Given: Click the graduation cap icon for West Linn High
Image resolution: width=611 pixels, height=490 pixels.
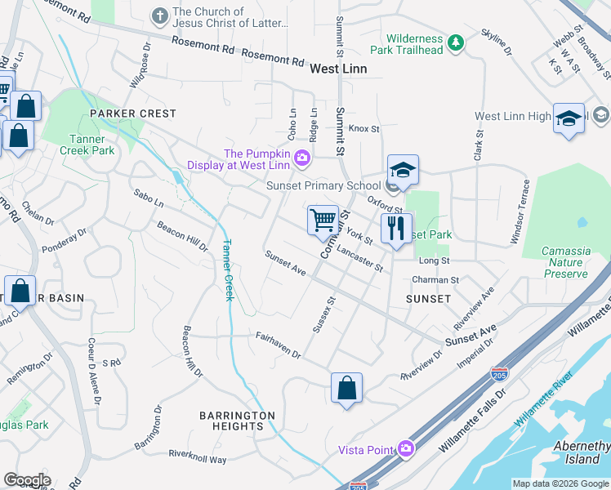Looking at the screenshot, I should pos(569,118).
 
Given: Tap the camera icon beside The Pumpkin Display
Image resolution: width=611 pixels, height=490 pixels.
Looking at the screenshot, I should pos(303,158).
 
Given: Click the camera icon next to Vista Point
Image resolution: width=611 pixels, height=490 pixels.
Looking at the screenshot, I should pos(404,449).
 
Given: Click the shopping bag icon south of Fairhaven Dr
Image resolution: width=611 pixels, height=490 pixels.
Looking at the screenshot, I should pos(346,387).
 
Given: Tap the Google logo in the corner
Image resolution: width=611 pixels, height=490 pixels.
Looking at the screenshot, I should pos(27,479).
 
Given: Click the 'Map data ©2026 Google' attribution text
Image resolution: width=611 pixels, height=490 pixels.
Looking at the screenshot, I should pos(560,483).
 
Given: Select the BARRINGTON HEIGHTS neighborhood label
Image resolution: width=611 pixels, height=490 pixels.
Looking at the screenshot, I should pos(238,421).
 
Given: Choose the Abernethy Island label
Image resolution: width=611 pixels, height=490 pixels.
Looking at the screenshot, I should pos(582,452).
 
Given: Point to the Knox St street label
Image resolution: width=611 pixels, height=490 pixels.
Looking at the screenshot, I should pos(364,128).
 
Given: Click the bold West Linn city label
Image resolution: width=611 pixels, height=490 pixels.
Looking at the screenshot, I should pos(338,69).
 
